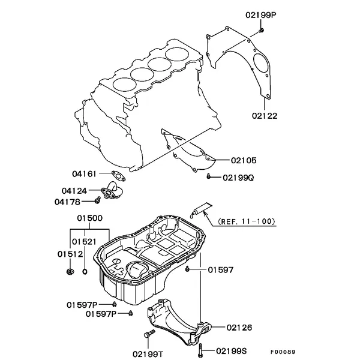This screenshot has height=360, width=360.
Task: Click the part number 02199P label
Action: [261, 15]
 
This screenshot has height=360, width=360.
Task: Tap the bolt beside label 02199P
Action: [261, 30]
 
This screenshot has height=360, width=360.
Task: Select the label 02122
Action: [265, 116]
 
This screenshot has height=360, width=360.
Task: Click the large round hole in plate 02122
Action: [261, 62]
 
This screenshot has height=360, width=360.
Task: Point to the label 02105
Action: [244, 160]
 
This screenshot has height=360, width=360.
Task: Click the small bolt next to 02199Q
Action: [208, 176]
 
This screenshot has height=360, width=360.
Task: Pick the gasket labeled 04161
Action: [118, 176]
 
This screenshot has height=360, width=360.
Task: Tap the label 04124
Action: [74, 191]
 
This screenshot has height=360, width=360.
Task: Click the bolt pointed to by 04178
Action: [98, 200]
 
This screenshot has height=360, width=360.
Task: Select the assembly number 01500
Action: [90, 218]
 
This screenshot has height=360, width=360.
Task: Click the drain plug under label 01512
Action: [70, 272]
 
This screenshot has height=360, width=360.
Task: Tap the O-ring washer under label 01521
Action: [85, 272]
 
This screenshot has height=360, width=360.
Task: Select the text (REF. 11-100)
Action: [247, 221]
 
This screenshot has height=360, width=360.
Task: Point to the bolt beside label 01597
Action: [187, 269]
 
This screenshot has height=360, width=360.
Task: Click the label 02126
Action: [239, 328]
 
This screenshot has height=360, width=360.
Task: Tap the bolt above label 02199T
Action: [149, 334]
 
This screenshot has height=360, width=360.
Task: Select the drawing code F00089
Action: [283, 352]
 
